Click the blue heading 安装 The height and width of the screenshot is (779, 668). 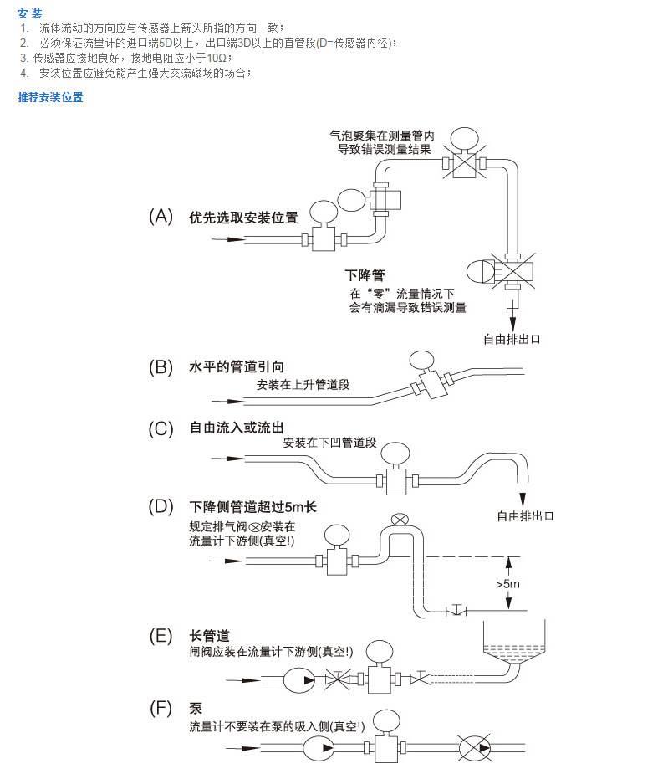point(29,13)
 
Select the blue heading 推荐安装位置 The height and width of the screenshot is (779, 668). point(50,97)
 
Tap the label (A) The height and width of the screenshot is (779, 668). point(161,217)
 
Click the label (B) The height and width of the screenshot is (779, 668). point(161,366)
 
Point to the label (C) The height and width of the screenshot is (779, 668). point(161,429)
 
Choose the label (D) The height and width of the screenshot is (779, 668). point(161,506)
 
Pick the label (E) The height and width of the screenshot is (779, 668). point(161,635)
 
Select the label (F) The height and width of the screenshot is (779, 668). point(161,709)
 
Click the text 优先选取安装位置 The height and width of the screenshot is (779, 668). point(243,218)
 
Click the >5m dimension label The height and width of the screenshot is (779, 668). point(507,583)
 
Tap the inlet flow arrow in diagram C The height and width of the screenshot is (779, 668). point(226,459)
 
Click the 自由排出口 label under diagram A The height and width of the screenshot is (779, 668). point(511,339)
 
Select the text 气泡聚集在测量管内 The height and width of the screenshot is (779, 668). point(382,135)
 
